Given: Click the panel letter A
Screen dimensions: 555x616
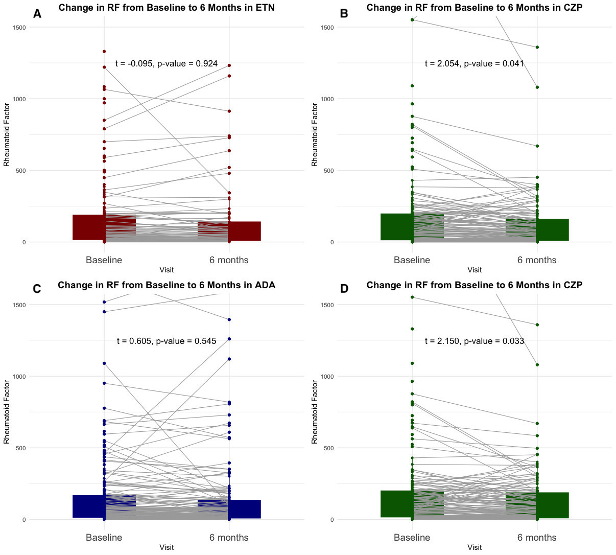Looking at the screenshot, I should (x=37, y=14).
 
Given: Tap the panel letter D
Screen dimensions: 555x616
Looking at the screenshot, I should (x=344, y=289).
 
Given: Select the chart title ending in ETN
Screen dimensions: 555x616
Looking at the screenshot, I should (x=167, y=7).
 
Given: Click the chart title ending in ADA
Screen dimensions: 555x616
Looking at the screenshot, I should (x=167, y=285).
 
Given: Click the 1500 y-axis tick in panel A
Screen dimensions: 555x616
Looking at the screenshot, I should (x=19, y=27).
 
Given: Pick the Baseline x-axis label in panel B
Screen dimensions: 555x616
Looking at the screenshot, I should (x=412, y=260).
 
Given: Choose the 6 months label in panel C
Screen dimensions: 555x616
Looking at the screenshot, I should (x=229, y=537).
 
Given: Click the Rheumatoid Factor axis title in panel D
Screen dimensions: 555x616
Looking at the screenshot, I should (x=315, y=412).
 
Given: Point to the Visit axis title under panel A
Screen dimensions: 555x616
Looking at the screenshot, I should (x=167, y=270).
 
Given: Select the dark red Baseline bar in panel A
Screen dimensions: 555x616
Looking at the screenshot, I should (x=89, y=227).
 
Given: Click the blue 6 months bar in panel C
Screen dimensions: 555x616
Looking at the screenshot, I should (x=244, y=509).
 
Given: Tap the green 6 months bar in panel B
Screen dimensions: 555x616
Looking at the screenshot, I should (x=553, y=229).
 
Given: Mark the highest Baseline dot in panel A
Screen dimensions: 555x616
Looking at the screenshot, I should (x=104, y=51).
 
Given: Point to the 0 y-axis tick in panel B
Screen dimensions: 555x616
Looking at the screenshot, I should (x=331, y=242).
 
